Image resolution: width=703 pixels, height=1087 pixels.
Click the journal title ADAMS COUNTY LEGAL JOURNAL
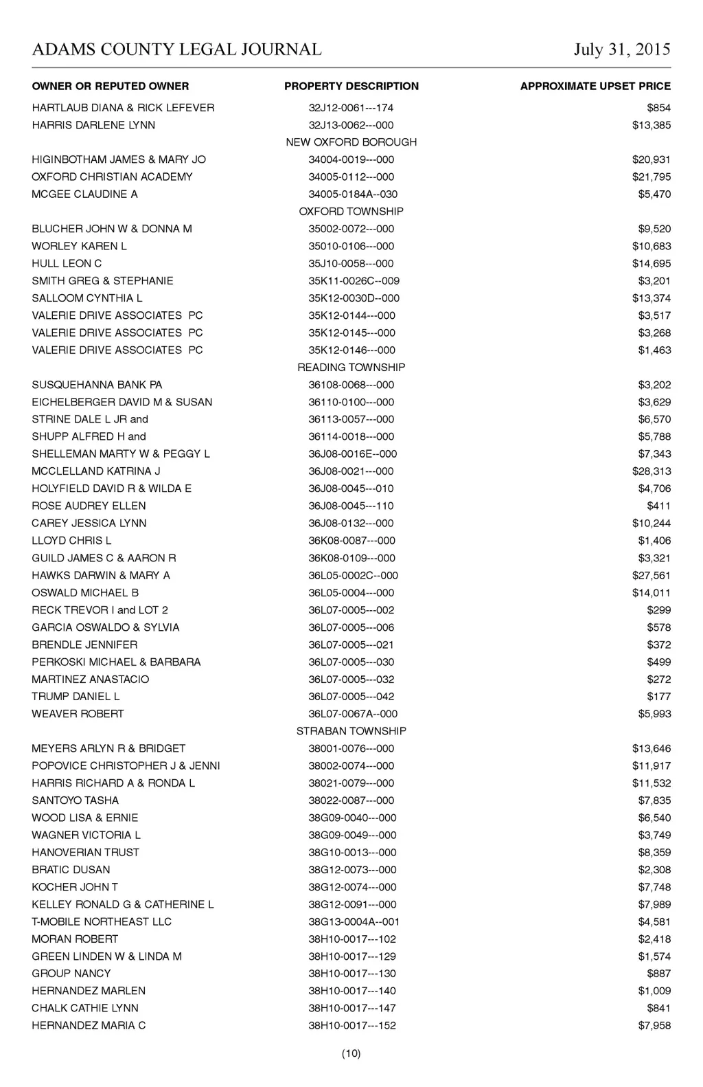tap(176, 49)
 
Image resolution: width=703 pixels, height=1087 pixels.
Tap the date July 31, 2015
tap(622, 49)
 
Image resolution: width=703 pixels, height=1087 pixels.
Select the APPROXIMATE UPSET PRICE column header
tap(595, 87)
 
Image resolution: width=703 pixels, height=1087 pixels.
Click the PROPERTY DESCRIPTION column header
tap(351, 87)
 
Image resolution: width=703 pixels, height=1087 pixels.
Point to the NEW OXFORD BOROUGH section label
tap(351, 142)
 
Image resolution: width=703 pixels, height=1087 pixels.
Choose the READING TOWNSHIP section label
tap(351, 368)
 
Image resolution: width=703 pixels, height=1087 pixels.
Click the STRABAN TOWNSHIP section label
tap(351, 731)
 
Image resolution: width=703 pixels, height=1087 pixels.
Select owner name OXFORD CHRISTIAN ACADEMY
tap(112, 177)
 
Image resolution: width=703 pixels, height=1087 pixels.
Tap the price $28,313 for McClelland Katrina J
tap(652, 471)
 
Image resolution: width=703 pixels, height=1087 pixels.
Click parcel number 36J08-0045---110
tap(351, 506)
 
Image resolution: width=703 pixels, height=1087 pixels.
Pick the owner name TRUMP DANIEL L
tap(76, 696)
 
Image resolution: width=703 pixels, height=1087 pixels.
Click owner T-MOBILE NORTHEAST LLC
tap(102, 921)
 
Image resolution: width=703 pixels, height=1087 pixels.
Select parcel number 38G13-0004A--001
tap(354, 921)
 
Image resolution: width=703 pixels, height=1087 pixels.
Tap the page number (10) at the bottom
tap(351, 1053)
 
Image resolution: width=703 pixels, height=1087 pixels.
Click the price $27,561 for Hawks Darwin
tap(652, 575)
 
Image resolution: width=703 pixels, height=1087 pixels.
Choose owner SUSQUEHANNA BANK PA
tap(97, 385)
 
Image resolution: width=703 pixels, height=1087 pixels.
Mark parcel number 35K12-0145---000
tap(351, 333)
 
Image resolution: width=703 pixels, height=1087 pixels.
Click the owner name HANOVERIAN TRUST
tap(85, 852)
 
